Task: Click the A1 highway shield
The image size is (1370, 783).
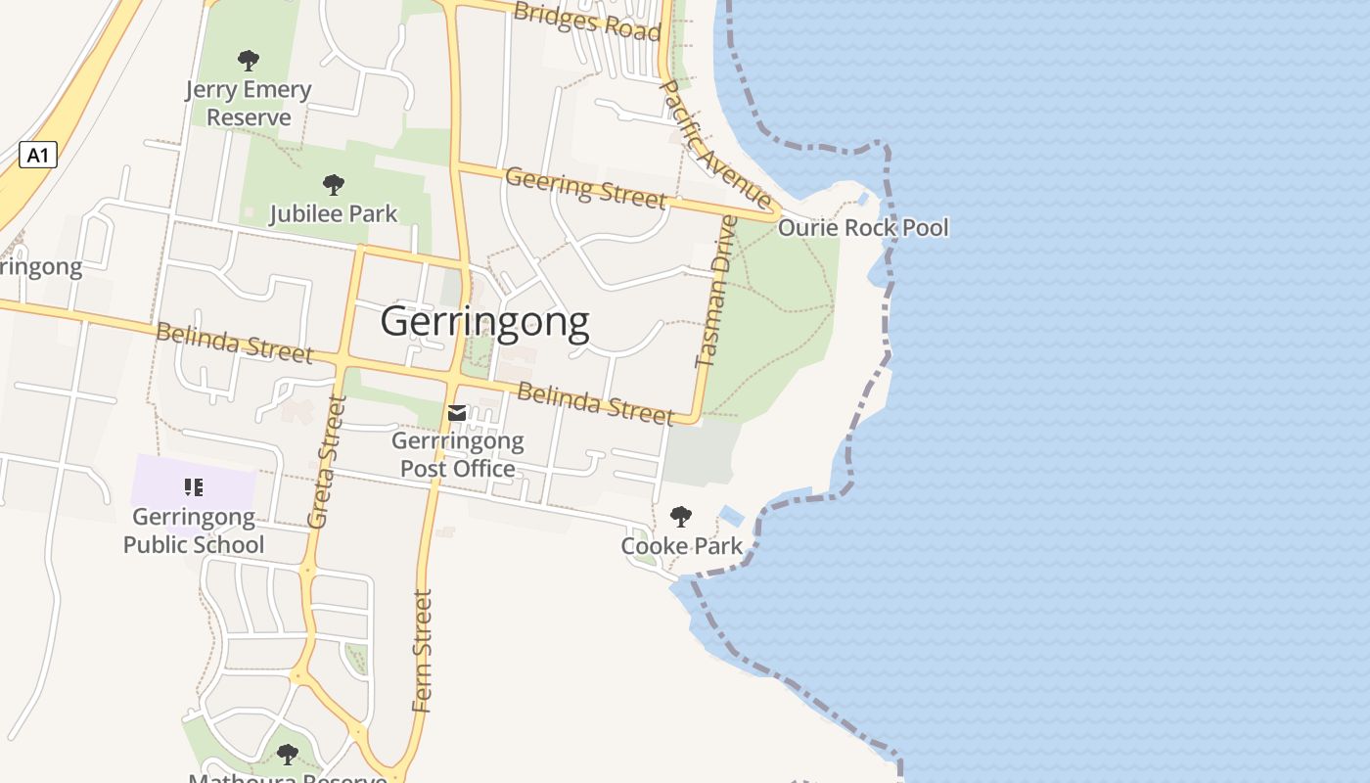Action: coord(38,155)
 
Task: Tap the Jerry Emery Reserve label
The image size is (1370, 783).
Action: coord(249,104)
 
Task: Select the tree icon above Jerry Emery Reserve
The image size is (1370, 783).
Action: coord(249,61)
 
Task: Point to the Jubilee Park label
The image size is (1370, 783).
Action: coord(334,213)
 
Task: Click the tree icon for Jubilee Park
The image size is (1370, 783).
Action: coord(334,184)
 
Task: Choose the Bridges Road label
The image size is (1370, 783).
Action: coord(587,20)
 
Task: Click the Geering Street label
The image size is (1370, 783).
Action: coord(585,187)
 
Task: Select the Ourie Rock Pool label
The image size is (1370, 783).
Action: coord(863,228)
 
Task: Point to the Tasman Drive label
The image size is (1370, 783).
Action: coord(715,292)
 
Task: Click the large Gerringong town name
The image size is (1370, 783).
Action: coord(484,321)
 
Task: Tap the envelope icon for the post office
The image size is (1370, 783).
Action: coord(457,413)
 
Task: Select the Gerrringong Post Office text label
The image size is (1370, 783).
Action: coord(458,455)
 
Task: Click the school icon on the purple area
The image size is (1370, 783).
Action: coord(194,486)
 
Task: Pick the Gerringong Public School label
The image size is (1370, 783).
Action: coord(194,530)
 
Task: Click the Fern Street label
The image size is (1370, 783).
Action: coord(422,650)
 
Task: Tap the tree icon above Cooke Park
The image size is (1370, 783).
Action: coord(681,517)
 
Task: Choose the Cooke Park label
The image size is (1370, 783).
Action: coord(682,546)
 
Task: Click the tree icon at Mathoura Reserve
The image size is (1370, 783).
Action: coord(287,755)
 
